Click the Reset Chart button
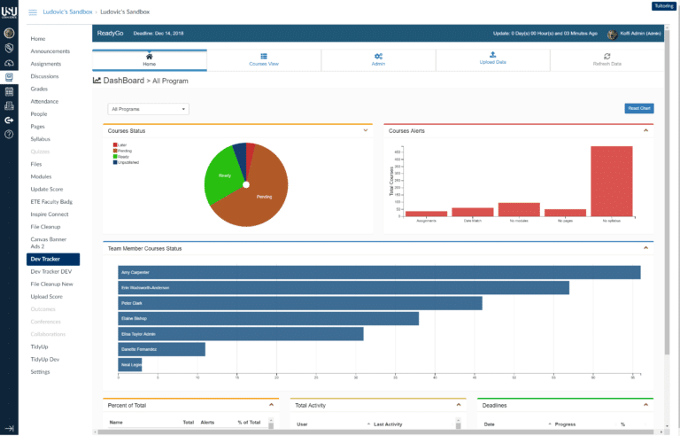pos(638,108)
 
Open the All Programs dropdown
pos(148,109)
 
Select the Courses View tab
pos(264,60)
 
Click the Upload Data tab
pos(492,60)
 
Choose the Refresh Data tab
pos(607,60)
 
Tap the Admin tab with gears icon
pos(378,60)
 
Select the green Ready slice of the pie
pos(221,177)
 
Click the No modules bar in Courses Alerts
pos(519,210)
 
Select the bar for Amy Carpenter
pos(379,273)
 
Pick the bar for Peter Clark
pos(300,303)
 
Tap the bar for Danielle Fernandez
pos(161,349)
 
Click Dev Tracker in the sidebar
pos(52,260)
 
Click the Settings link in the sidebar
pos(41,371)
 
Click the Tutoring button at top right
pos(663,5)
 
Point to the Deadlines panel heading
pos(496,405)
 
